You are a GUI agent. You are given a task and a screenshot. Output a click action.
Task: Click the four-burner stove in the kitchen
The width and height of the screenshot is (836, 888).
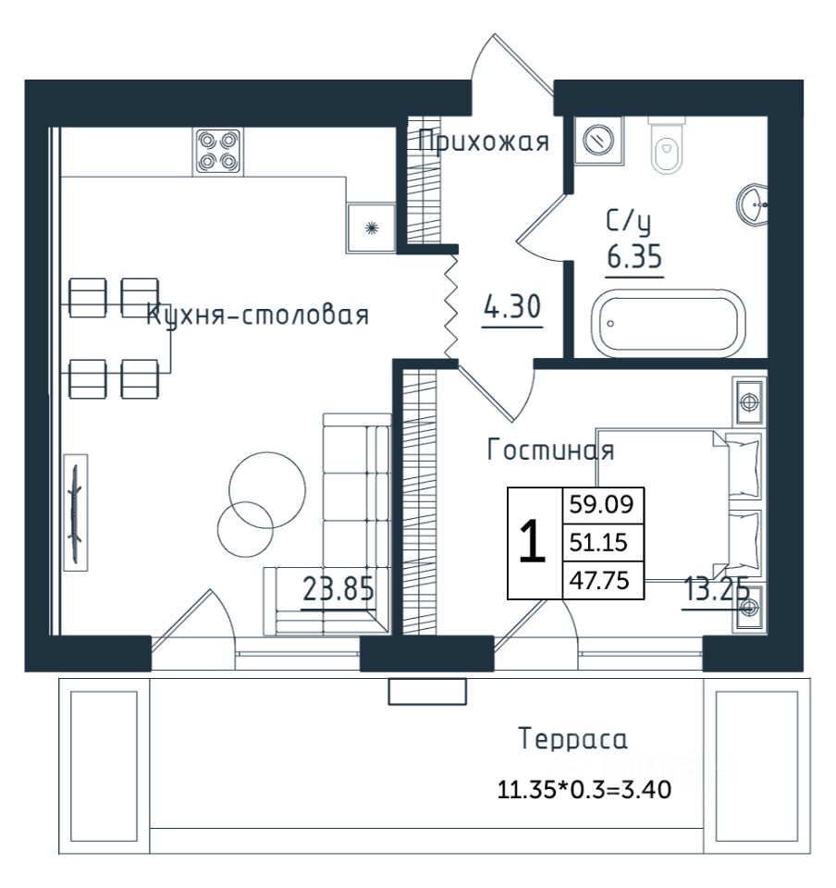tap(218, 151)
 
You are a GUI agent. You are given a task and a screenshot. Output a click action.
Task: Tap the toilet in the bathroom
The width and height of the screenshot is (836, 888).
tap(666, 145)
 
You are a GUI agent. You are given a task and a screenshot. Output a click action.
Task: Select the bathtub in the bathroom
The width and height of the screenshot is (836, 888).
tap(668, 324)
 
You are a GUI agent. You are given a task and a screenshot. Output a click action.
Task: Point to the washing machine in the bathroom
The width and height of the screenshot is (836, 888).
tap(599, 141)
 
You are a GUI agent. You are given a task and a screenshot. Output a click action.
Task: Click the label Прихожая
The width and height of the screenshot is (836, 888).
tap(484, 141)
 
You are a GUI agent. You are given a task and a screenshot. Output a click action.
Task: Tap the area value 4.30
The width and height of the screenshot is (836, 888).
tap(512, 306)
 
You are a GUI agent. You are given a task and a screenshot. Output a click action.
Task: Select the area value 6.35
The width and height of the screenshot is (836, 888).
tap(633, 256)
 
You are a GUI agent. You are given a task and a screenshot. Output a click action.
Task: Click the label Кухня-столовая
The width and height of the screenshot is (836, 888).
tap(257, 314)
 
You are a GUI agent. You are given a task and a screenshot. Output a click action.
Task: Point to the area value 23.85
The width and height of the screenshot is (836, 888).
tap(338, 589)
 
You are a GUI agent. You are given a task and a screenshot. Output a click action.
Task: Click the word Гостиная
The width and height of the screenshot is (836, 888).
tap(551, 450)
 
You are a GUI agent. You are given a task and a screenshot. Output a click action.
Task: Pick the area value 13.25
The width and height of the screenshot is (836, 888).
tap(717, 589)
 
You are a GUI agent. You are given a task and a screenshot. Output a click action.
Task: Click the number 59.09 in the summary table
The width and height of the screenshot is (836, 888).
tap(601, 503)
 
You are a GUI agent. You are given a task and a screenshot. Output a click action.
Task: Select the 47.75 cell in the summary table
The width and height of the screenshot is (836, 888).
tap(599, 581)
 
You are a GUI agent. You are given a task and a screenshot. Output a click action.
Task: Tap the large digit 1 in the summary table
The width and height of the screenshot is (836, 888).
tap(532, 542)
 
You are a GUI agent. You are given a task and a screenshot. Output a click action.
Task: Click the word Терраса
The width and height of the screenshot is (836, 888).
tap(572, 739)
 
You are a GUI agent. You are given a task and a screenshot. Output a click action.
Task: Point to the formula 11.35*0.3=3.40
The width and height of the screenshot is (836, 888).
tap(584, 789)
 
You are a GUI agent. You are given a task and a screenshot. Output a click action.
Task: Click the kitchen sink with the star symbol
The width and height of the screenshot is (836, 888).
tap(371, 228)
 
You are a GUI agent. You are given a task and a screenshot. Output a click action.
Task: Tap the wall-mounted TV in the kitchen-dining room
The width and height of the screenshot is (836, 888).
tap(76, 512)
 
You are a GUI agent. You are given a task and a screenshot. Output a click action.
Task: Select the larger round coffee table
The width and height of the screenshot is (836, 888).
tap(268, 490)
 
